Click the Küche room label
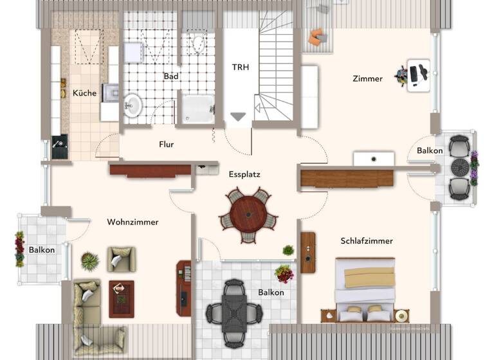pos(84,93)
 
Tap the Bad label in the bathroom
pos(171,76)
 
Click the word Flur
pos(167,145)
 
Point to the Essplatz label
pos(244,174)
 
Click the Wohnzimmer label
pos(133,222)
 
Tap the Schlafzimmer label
pos(367,241)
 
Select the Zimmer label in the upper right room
pos(367,79)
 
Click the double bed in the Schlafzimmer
pos(365,287)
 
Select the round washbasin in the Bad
pos(133,105)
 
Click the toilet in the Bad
pos(197,45)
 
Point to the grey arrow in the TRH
pos(239,116)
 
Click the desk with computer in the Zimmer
pos(419,76)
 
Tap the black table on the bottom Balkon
pos(233,309)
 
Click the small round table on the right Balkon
pos(460,168)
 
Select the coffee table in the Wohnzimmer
pos(121,298)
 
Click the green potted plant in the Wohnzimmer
pos(90,261)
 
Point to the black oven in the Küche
pos(60,147)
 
